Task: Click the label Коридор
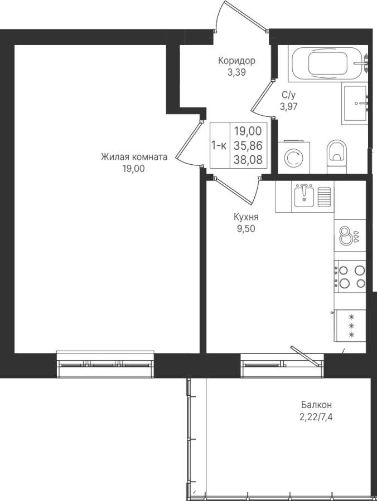pos(236,61)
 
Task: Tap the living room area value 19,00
pos(133,168)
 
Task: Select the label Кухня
pos(246,217)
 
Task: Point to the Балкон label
pos(316,405)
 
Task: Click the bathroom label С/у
pos(288,95)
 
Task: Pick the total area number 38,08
pos(248,159)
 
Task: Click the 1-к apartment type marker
pos(219,146)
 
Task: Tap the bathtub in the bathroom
pos(328,63)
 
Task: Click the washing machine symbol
pos(294,157)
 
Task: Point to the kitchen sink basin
pos(304,195)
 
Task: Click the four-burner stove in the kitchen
pos(350,277)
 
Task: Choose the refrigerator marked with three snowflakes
pos(350,326)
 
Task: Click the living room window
pos(105,364)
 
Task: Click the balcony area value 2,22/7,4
pos(316,417)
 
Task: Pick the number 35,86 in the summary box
pos(248,145)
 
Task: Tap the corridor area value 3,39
pos(236,72)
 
